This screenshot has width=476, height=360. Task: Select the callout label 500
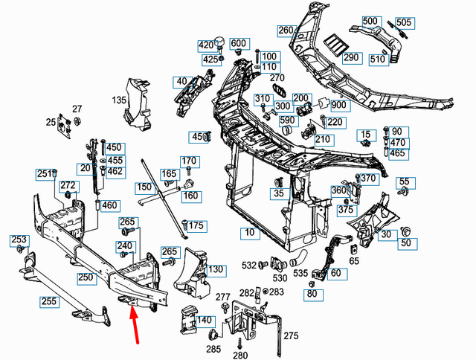tap(370, 22)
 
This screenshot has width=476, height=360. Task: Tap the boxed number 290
tap(351, 57)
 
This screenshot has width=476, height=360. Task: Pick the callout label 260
tap(286, 30)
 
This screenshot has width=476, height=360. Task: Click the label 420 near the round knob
tap(206, 45)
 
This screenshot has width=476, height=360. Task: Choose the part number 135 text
tap(120, 99)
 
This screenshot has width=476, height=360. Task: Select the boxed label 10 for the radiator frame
tap(249, 233)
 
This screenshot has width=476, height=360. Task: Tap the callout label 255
tap(50, 302)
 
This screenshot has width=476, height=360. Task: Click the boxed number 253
tap(18, 240)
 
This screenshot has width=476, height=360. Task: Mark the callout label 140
tap(203, 321)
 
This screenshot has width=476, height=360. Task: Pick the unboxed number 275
tap(290, 336)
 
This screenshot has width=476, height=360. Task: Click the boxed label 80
tap(312, 294)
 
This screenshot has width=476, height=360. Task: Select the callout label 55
tap(404, 181)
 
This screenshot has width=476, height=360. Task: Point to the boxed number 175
tap(195, 226)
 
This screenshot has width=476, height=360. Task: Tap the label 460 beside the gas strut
tap(109, 205)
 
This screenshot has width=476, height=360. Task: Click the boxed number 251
tap(43, 174)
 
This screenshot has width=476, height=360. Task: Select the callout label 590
tap(286, 119)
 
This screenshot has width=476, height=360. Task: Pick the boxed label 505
tap(404, 22)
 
